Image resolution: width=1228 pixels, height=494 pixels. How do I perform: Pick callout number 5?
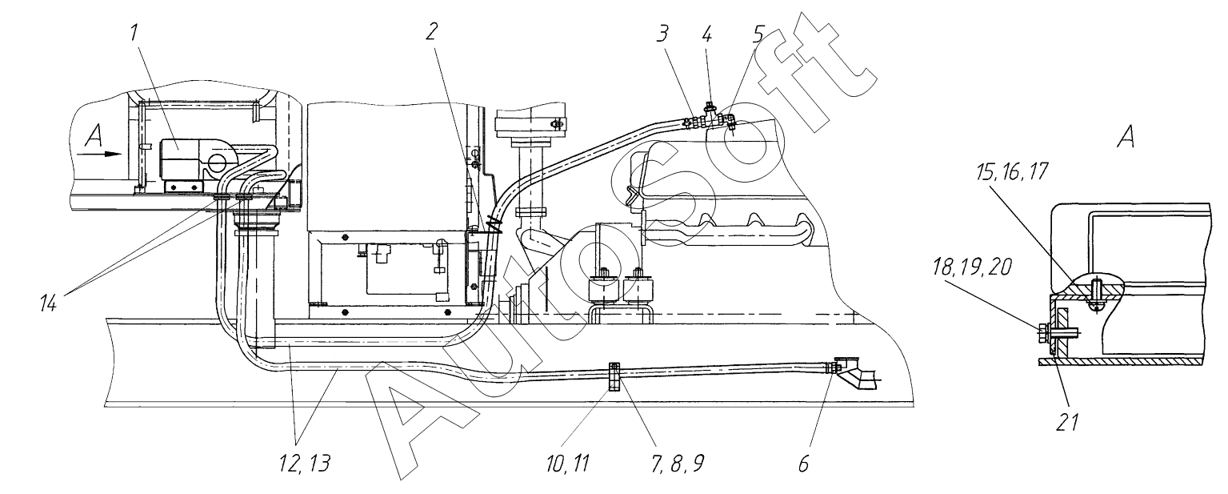click(x=758, y=34)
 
